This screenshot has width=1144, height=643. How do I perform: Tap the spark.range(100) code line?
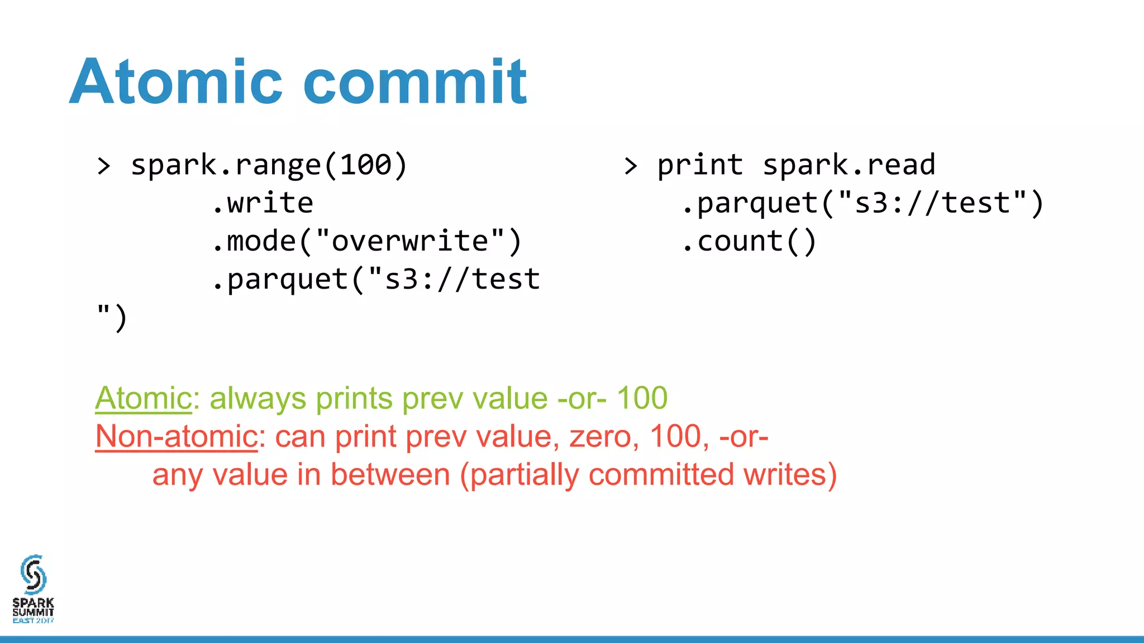(x=269, y=165)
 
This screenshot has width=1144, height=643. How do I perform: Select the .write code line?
(x=263, y=203)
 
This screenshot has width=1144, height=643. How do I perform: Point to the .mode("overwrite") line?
(x=367, y=241)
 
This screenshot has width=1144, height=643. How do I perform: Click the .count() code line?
(x=749, y=241)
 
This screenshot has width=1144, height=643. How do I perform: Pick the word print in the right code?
(x=700, y=165)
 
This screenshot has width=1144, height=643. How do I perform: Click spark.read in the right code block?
(x=849, y=165)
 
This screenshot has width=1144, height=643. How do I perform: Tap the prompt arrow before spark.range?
(x=104, y=166)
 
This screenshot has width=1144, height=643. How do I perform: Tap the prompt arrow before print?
(x=631, y=166)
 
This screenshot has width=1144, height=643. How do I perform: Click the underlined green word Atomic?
(x=144, y=399)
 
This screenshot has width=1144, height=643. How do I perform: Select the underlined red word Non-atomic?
(x=177, y=436)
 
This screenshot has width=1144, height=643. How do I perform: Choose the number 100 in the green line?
(x=642, y=399)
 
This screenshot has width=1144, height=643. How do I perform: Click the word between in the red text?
(x=390, y=475)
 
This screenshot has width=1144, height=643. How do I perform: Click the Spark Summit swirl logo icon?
(x=33, y=574)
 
